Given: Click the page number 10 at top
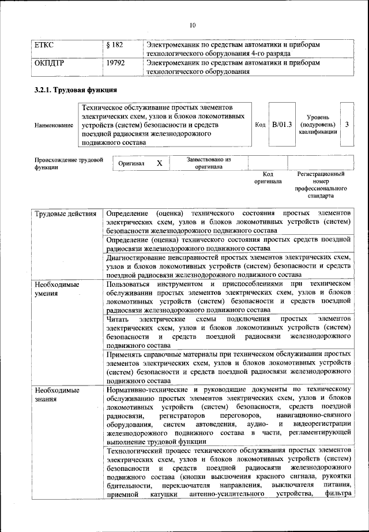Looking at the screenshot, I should pos(193,25).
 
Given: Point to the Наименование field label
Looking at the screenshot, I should pos(54,125).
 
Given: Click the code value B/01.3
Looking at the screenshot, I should pos(282,124).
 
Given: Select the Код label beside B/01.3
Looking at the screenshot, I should pos(259,124).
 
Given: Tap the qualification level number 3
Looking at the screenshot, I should pos(347,124).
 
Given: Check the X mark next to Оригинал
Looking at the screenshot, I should pos(160,163).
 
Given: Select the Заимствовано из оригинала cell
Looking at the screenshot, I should pos(209,163).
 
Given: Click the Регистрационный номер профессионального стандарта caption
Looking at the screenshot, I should pos(321,184).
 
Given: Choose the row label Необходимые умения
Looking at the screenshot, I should pos(56,289).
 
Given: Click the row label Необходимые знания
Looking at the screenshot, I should pos(56,394).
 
